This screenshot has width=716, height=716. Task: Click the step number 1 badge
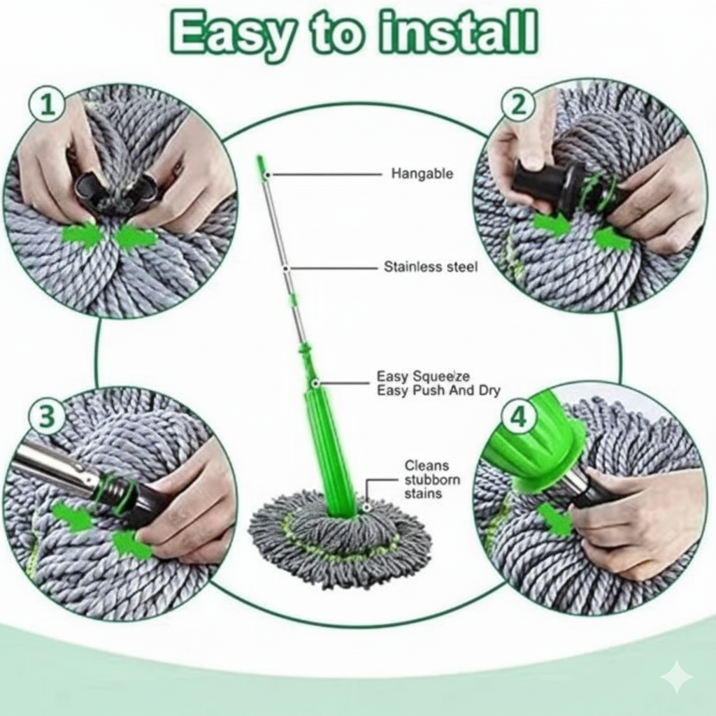pos(47,106)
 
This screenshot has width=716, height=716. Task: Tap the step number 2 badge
pos(518,105)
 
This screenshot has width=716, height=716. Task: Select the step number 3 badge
pos(47,417)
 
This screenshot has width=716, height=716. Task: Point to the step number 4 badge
pos(518,417)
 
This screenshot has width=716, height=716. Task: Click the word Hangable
pos(422,173)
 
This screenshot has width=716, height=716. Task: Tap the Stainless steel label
pos(431,267)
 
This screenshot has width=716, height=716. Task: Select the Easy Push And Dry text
pos(438,391)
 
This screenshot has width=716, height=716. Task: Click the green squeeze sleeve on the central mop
pos(329,447)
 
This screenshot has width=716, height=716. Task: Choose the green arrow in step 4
pos(556,521)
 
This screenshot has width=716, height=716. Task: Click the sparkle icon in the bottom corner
pos(676,676)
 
